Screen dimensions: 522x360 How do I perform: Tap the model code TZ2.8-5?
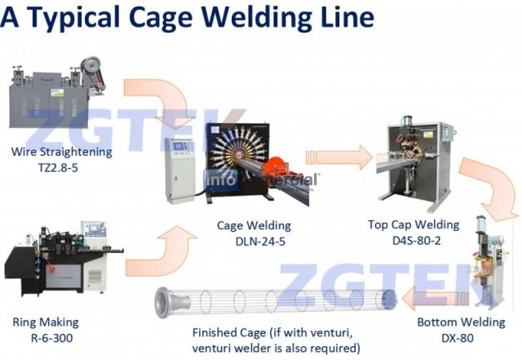[x=58, y=167]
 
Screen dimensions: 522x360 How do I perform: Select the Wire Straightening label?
[x=62, y=152]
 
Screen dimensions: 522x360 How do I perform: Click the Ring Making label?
[x=46, y=322]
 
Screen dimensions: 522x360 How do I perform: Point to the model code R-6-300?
[x=52, y=338]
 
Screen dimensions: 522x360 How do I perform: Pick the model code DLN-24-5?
[x=260, y=242]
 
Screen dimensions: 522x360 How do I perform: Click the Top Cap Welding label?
[x=414, y=225]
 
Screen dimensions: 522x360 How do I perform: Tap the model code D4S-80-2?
[x=417, y=240]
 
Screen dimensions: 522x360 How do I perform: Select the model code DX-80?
[x=458, y=338]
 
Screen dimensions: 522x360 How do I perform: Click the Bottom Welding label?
[x=461, y=322]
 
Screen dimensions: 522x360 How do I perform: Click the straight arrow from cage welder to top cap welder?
[x=339, y=158]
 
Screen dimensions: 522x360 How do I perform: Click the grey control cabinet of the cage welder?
[x=180, y=170]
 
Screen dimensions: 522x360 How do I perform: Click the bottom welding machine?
[x=488, y=260]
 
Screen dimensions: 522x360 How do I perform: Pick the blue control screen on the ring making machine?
[x=94, y=229]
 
